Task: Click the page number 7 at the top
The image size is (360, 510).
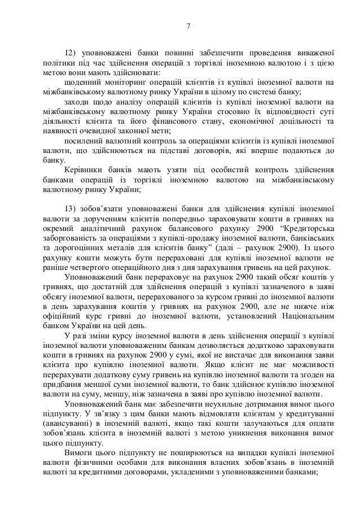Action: tap(189, 25)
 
